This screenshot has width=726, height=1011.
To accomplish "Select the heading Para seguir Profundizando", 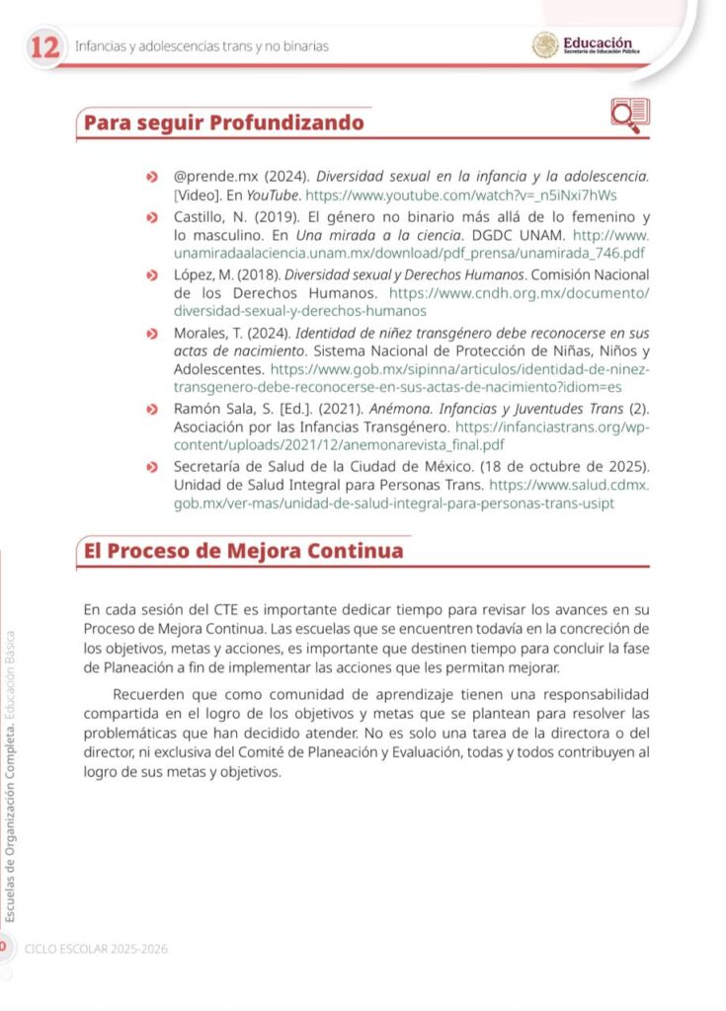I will pyautogui.click(x=223, y=123).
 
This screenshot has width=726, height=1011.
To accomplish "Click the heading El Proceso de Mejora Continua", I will pyautogui.click(x=243, y=551).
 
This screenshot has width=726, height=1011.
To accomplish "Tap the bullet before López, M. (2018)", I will pyautogui.click(x=150, y=274).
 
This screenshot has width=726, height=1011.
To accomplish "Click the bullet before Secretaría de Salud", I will pyautogui.click(x=150, y=467).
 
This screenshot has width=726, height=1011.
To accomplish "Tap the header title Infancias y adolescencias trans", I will pyautogui.click(x=202, y=46).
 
